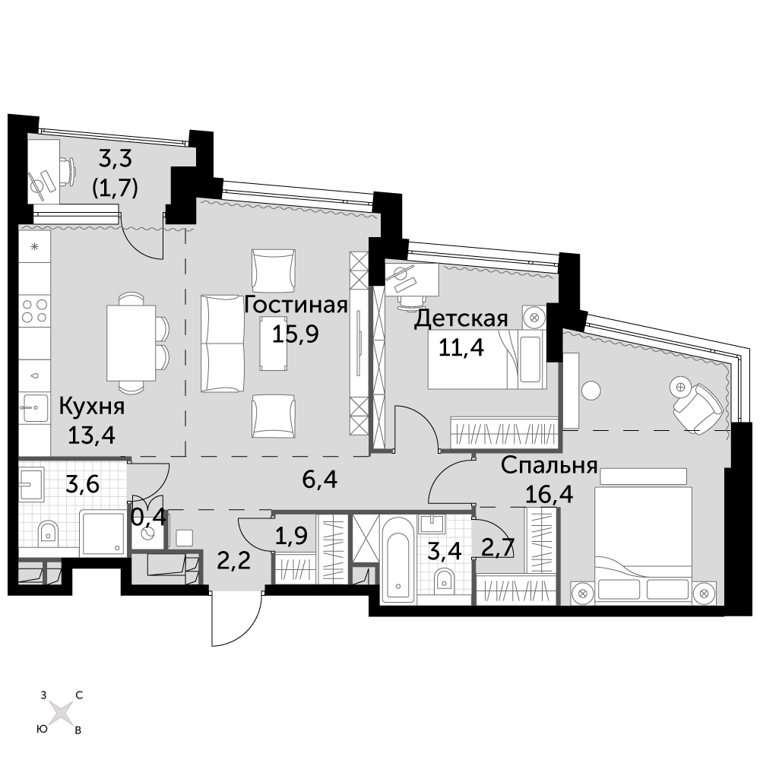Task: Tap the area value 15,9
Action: click(295, 334)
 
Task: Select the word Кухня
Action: click(92, 407)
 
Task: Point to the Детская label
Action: click(461, 319)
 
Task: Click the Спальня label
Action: click(549, 467)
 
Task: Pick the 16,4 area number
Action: click(549, 495)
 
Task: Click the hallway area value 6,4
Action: click(319, 480)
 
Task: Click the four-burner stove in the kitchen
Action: click(34, 311)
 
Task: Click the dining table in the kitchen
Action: click(131, 344)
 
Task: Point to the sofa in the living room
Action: click(223, 344)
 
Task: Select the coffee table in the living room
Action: click(274, 344)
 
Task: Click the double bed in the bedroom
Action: click(643, 545)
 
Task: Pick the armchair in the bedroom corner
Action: click(698, 406)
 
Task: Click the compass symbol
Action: click(61, 713)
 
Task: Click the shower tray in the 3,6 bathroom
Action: click(103, 532)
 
